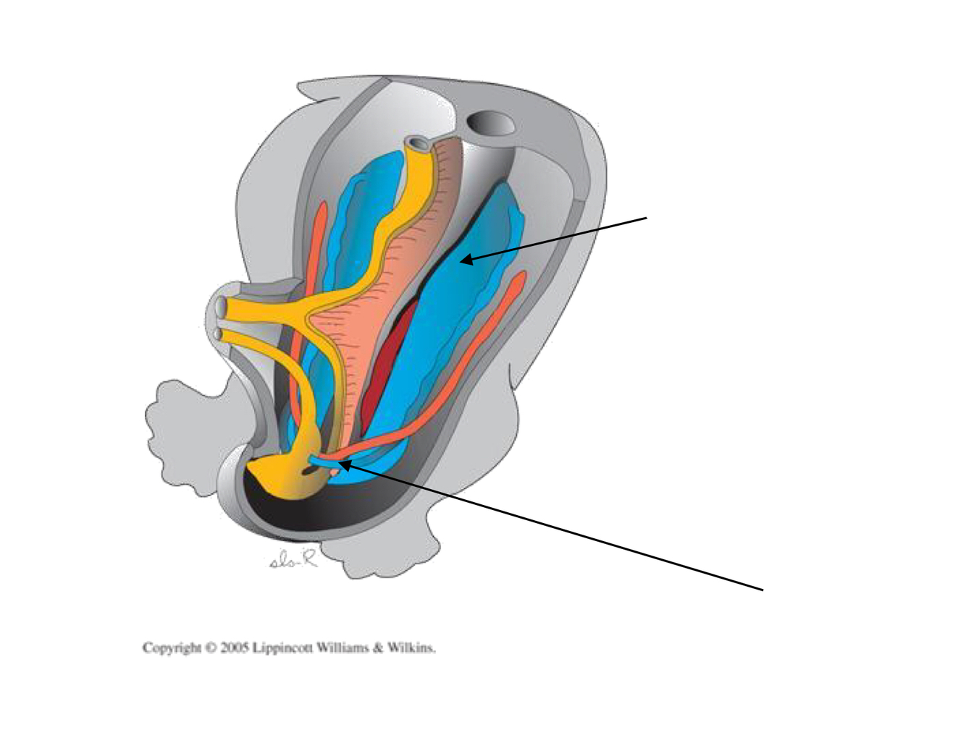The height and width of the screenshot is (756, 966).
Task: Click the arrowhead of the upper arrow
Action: pyautogui.click(x=463, y=260)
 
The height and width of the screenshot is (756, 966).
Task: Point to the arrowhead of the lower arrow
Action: pyautogui.click(x=341, y=464)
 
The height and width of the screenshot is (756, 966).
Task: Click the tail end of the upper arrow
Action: pyautogui.click(x=646, y=217)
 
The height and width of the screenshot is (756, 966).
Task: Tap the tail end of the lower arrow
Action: pyautogui.click(x=763, y=590)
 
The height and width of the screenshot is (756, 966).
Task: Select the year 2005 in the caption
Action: pyautogui.click(x=235, y=647)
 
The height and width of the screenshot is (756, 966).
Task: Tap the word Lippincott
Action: pyautogui.click(x=282, y=647)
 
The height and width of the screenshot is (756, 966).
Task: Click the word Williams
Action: pyautogui.click(x=343, y=647)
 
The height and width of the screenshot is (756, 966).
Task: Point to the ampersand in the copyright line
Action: pyautogui.click(x=378, y=647)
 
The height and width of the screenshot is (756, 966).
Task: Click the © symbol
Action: pyautogui.click(x=211, y=647)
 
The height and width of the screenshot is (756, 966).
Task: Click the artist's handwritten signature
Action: pyautogui.click(x=293, y=559)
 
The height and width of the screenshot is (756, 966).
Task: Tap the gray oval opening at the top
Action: pyautogui.click(x=491, y=124)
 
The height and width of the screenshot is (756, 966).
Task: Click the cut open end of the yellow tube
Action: pyautogui.click(x=416, y=143)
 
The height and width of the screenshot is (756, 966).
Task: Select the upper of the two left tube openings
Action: pyautogui.click(x=222, y=307)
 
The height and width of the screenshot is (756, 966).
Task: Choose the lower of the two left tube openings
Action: pyautogui.click(x=220, y=336)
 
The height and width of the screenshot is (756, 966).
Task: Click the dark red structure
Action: pyautogui.click(x=384, y=362)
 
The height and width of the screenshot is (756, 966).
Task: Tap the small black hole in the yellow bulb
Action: pyautogui.click(x=311, y=471)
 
